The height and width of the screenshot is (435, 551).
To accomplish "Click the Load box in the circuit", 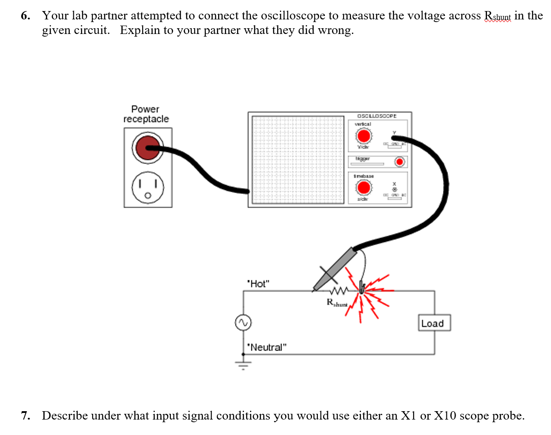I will coord(434,323).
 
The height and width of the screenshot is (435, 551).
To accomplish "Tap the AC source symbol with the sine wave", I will coord(243,322).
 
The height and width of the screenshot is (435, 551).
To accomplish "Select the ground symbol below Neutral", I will coord(243,364).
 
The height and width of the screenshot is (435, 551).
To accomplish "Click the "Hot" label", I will coord(258,284).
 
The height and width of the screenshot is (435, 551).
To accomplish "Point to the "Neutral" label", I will coord(267,347).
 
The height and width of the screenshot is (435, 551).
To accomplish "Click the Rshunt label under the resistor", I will coord(337,303).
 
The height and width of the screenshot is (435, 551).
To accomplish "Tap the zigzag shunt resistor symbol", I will coord(339,291).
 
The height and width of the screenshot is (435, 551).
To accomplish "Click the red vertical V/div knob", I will coord(363,136).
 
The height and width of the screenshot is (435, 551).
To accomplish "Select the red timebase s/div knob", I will coord(363,187).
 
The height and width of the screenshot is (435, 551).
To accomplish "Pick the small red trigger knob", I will coord(400,162).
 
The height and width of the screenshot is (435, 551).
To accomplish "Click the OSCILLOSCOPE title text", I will coord(377,116).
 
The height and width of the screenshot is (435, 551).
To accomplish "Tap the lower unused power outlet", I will coord(148,187).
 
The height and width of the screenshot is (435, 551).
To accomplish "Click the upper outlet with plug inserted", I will coord(147,148).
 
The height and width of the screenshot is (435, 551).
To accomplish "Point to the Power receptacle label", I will coord(146,114).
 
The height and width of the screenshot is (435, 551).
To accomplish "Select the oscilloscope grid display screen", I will coord(297,160).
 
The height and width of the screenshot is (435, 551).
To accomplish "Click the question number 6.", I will coord(26,16).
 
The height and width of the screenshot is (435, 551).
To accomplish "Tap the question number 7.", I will coord(26,416).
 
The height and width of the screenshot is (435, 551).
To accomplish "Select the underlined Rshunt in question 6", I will coord(497,16).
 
